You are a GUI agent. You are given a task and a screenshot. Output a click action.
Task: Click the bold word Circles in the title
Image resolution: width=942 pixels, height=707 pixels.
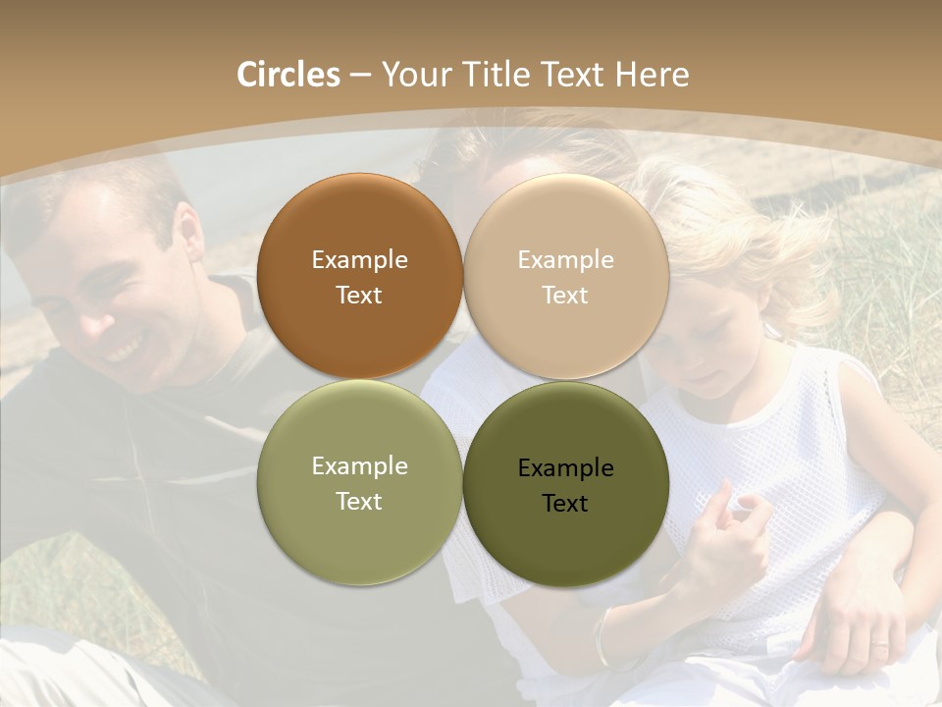click(288, 75)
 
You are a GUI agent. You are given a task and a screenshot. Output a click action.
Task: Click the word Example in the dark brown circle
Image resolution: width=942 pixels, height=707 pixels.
click(359, 260)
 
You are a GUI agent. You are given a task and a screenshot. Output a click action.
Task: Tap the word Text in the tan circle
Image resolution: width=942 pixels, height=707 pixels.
click(565, 296)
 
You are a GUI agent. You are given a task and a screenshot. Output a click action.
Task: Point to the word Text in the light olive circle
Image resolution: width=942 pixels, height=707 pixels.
click(359, 502)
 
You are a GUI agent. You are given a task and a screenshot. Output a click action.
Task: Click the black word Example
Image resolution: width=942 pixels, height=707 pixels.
click(565, 468)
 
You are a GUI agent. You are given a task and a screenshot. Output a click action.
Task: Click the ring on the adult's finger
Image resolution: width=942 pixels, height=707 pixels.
click(880, 648)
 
